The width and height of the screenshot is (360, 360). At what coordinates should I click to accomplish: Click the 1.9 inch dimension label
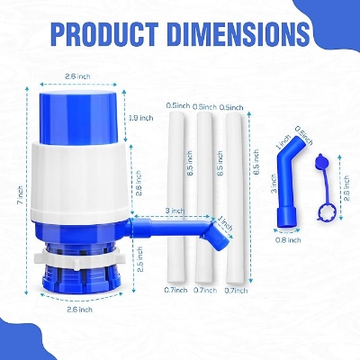pos(140,118)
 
